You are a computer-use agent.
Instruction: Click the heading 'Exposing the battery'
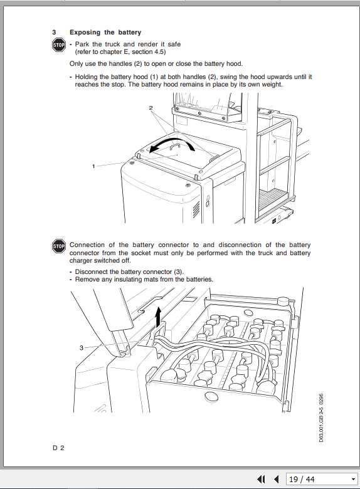point(105,32)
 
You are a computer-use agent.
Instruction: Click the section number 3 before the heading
point(55,32)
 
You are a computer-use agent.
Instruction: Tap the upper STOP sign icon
point(58,45)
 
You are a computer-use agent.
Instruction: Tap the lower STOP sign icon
point(58,246)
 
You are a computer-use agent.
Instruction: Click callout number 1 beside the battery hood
point(93,166)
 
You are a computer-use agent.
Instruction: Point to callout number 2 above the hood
point(151,108)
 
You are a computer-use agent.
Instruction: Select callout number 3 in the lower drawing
point(81,347)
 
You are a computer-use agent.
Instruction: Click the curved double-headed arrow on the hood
point(175,145)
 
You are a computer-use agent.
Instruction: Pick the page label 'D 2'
point(58,448)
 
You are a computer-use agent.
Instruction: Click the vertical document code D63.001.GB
point(321,420)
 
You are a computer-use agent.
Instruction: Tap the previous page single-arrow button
point(276,480)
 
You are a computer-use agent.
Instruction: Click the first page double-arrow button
point(262,480)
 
